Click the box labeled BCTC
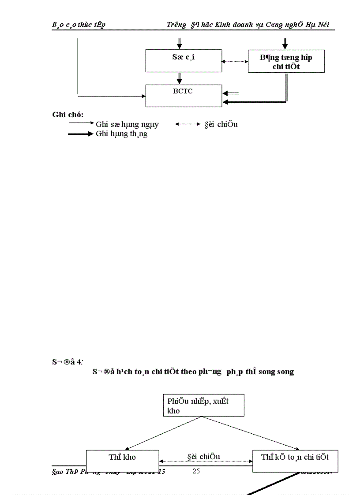click(184, 96)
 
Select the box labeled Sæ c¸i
click(184, 60)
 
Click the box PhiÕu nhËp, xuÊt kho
click(203, 405)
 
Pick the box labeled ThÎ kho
click(122, 461)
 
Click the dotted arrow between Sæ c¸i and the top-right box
click(235, 61)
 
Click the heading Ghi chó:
click(68, 115)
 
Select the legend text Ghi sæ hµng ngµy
click(127, 124)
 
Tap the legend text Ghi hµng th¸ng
click(121, 134)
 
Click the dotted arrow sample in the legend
click(187, 124)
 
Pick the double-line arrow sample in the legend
click(81, 134)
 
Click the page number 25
click(196, 471)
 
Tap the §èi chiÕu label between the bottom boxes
click(203, 457)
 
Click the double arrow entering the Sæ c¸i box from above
click(180, 43)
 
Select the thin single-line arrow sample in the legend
click(81, 124)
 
